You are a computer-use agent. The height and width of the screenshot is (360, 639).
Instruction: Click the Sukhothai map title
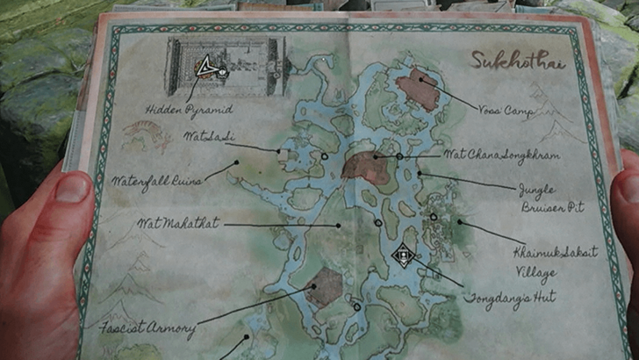click(517, 61)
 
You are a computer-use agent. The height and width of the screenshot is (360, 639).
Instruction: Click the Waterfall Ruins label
click(156, 179)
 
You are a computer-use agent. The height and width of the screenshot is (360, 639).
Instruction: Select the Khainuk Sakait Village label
click(554, 261)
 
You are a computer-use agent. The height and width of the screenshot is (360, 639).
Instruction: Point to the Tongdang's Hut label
click(515, 297)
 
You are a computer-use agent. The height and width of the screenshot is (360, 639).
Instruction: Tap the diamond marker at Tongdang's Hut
click(403, 256)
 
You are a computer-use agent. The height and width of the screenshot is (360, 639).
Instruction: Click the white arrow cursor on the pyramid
click(206, 68)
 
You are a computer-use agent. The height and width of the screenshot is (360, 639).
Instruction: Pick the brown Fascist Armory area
click(325, 286)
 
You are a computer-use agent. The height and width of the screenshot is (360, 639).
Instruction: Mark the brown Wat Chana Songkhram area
click(366, 167)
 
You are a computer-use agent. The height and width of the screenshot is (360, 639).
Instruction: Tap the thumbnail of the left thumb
click(73, 187)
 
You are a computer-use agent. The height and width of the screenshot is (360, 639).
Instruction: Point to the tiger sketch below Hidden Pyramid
click(147, 134)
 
